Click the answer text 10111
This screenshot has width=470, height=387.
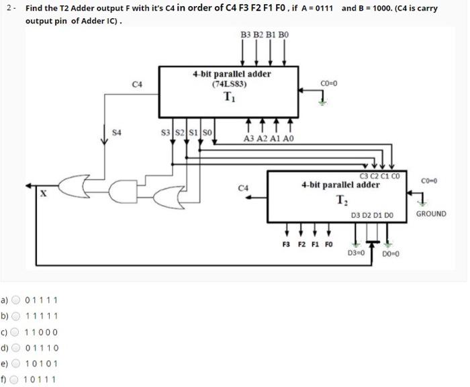pos(40,380)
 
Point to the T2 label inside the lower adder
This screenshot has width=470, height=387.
pos(342,199)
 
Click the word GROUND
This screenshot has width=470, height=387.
pos(430,214)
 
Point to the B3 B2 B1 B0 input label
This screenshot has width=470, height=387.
pos(264,34)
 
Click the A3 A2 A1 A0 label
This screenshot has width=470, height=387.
pos(269,138)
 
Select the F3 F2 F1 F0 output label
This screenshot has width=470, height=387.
pos(307,245)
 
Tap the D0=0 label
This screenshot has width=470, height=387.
pos(391,254)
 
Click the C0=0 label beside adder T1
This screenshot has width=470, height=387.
pos(329,84)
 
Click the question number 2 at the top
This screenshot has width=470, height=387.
pos(8,9)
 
